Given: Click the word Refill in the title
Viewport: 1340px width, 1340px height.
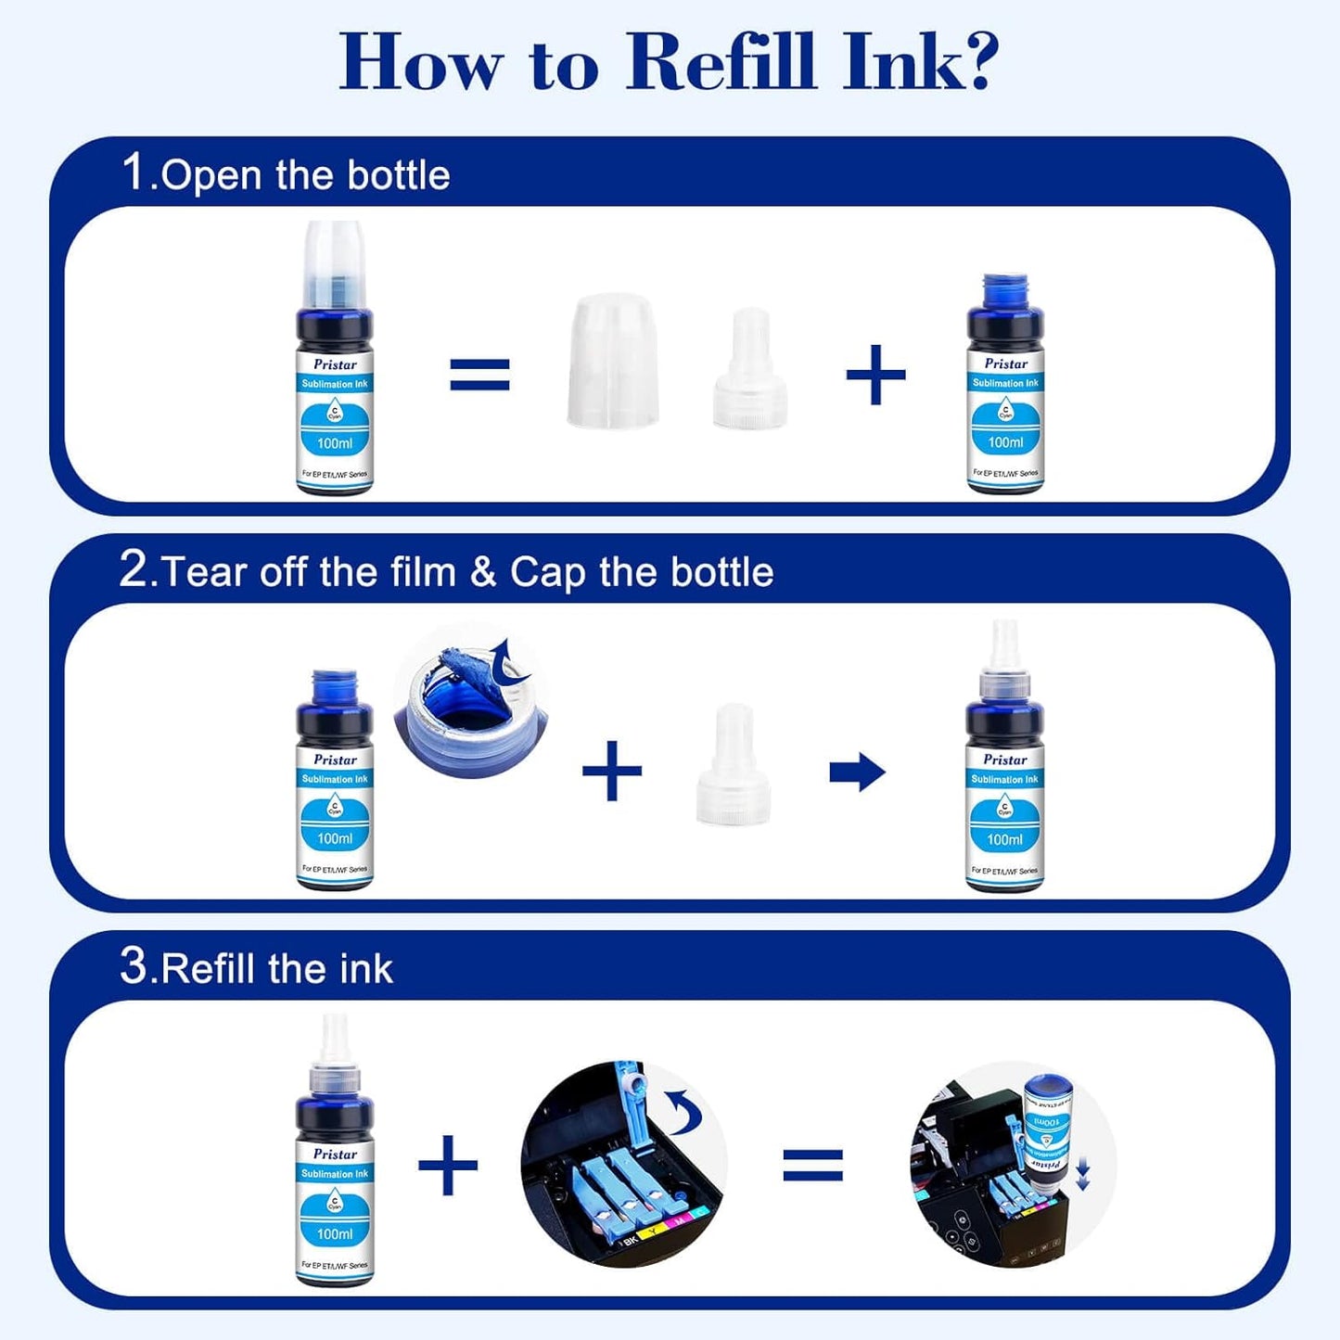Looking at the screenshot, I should pyautogui.click(x=721, y=62).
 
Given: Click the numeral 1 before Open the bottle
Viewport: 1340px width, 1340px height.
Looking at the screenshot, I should pyautogui.click(x=134, y=172).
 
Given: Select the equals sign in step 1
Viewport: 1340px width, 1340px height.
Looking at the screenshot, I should pyautogui.click(x=479, y=375).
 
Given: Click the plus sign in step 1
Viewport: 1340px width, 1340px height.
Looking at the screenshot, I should pyautogui.click(x=875, y=375).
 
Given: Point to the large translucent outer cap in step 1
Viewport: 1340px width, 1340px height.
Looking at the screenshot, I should pyautogui.click(x=612, y=361).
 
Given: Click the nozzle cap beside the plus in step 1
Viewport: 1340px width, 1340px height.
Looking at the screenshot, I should pyautogui.click(x=749, y=371).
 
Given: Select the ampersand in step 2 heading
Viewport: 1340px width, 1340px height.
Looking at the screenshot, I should pyautogui.click(x=483, y=572).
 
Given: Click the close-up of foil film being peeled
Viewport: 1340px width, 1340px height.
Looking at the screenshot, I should pyautogui.click(x=471, y=700).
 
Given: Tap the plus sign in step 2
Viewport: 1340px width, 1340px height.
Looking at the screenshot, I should pyautogui.click(x=612, y=771).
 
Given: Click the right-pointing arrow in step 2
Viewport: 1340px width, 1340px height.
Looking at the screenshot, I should pyautogui.click(x=857, y=772).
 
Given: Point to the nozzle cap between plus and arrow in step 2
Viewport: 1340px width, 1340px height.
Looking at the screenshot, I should pyautogui.click(x=734, y=766).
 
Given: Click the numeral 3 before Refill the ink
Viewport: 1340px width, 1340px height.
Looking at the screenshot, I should pyautogui.click(x=134, y=966).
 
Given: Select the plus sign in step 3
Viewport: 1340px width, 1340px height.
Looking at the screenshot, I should pyautogui.click(x=448, y=1165).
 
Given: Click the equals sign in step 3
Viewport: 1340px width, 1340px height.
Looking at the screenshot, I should pyautogui.click(x=813, y=1165).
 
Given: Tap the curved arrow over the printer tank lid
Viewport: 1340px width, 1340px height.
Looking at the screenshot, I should pyautogui.click(x=685, y=1111).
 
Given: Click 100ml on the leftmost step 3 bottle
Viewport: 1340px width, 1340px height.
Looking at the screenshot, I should pyautogui.click(x=335, y=1234).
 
